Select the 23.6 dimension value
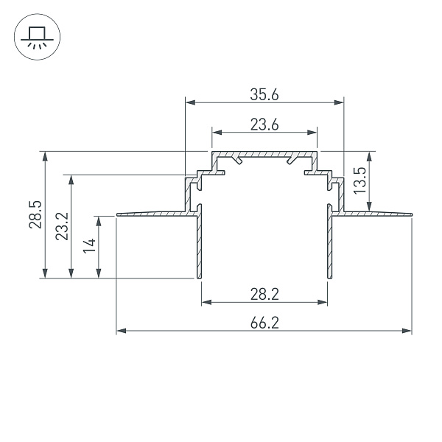pos(264,124)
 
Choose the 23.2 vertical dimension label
pos(61,226)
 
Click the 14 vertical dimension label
pos(88,246)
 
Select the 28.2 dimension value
pos(264,294)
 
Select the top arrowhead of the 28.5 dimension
pos(46,155)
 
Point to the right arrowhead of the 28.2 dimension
pos(324,301)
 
